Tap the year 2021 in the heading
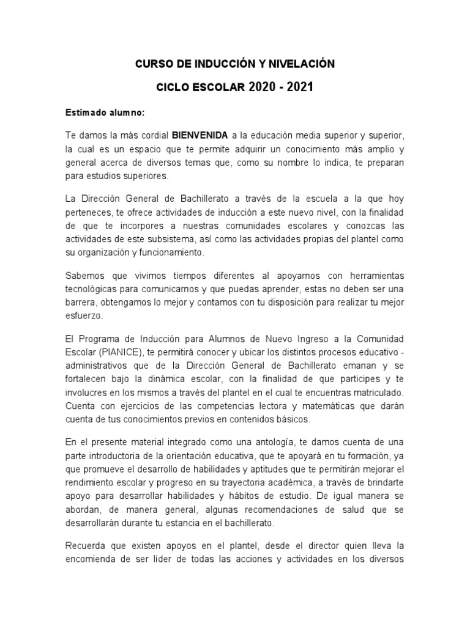[x=300, y=87]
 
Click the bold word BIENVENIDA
[x=200, y=135]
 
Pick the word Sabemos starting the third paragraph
[x=84, y=276]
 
